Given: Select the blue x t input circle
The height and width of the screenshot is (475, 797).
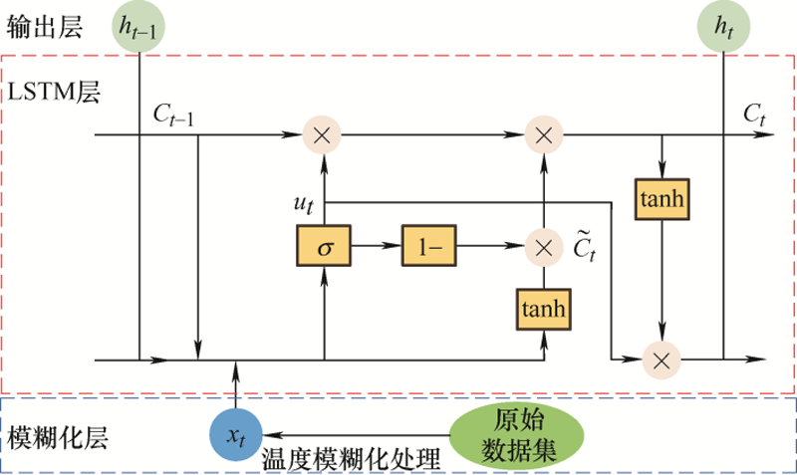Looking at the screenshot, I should pos(235,435).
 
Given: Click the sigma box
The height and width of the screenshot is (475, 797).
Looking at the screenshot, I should pos(324,246).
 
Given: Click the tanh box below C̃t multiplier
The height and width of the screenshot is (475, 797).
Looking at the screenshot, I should pos(544,309).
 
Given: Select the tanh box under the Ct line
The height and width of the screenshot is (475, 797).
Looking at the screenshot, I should pos(662,200).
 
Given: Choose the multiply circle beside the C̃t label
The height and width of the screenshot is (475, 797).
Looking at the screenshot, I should pos(544,246).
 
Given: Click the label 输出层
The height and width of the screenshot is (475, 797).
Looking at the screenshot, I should pos(39,23).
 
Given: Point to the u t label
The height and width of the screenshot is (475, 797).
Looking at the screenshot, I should pos(304,203).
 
